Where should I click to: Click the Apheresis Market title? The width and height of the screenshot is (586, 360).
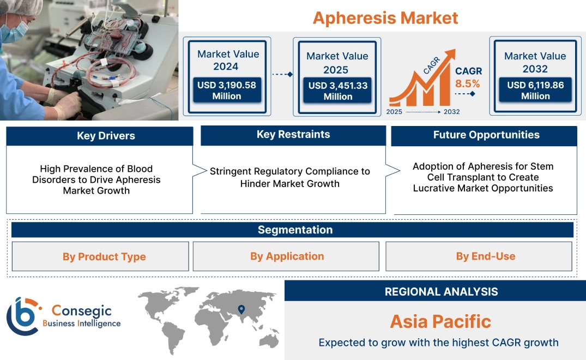[x=385, y=17]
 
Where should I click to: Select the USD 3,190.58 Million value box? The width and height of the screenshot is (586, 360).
[x=226, y=91]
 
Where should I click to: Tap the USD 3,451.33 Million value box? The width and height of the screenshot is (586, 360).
[x=337, y=91]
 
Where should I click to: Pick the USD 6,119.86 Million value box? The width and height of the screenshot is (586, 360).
[x=535, y=91]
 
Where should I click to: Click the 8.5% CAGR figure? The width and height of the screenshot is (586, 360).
[x=468, y=83]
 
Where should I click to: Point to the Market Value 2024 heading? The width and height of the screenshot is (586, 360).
[x=228, y=60]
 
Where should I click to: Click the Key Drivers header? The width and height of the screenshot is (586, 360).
[x=106, y=136]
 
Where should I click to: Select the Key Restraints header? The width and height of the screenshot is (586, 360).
[x=293, y=135]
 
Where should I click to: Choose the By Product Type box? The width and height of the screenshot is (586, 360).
[x=104, y=256]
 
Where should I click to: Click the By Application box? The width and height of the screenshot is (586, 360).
[x=287, y=256]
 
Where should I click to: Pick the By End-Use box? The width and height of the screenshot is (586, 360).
[x=485, y=256]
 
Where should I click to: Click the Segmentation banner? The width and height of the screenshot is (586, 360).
[x=294, y=230]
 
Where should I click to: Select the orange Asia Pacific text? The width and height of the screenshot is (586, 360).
[x=440, y=321]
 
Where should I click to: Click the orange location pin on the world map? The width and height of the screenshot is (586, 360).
[x=240, y=310]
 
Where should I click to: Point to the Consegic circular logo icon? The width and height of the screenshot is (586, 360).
[x=22, y=316]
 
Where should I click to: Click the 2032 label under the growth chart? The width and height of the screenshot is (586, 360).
[x=451, y=112]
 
